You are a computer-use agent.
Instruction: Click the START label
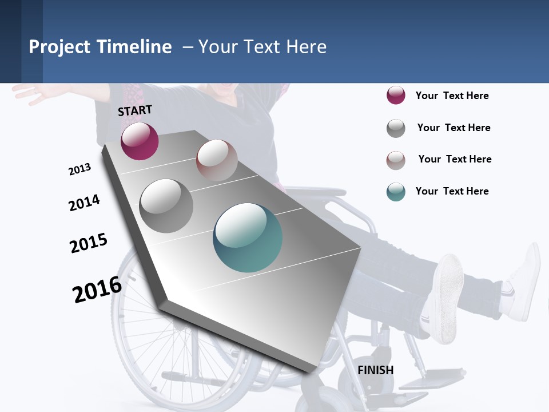(x=135, y=110)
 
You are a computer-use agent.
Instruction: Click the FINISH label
(x=375, y=370)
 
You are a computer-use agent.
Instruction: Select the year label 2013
(x=79, y=169)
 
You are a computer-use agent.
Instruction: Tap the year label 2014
(x=84, y=203)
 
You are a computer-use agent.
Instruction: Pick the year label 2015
(x=89, y=243)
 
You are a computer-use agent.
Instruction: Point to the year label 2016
(x=97, y=289)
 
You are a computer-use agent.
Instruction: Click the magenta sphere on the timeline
(x=140, y=141)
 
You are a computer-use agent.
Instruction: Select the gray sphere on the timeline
(x=166, y=205)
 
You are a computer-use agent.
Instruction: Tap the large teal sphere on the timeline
(x=248, y=237)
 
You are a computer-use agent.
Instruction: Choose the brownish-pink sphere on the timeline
(x=217, y=160)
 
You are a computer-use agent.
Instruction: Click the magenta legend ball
(x=396, y=96)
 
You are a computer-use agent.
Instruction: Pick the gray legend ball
(x=396, y=128)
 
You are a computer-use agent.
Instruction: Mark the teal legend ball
(x=396, y=192)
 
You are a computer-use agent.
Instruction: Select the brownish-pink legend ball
(x=396, y=160)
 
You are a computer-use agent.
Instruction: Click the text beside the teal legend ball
(x=452, y=191)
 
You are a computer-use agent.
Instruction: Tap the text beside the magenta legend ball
(x=452, y=96)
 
